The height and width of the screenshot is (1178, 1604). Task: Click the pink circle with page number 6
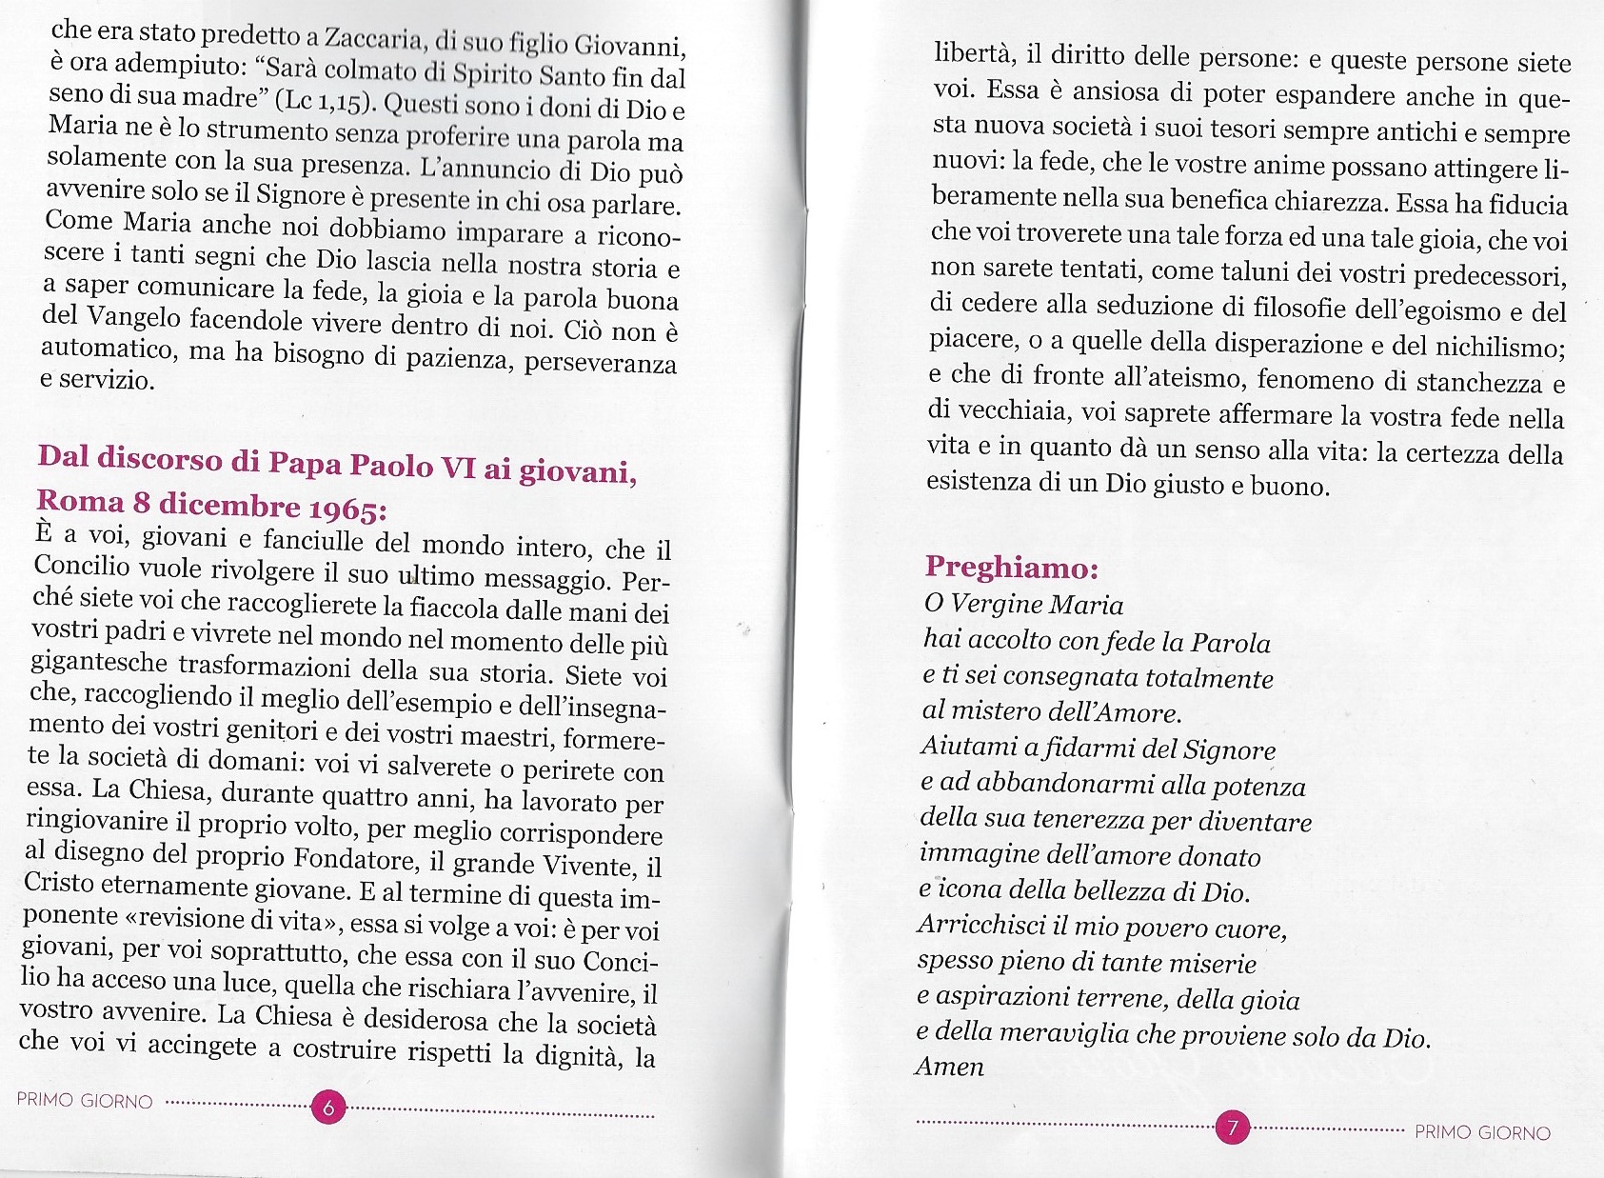(x=329, y=1108)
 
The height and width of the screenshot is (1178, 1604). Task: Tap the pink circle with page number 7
(x=1232, y=1128)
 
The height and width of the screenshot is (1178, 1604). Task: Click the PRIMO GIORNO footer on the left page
(x=85, y=1100)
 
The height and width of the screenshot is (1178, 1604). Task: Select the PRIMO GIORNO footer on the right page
(x=1482, y=1132)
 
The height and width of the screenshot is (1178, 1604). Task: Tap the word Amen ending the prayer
(x=949, y=1067)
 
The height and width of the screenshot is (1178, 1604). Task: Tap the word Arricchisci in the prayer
(x=980, y=925)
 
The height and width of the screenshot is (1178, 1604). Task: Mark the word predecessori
(x=1489, y=275)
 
